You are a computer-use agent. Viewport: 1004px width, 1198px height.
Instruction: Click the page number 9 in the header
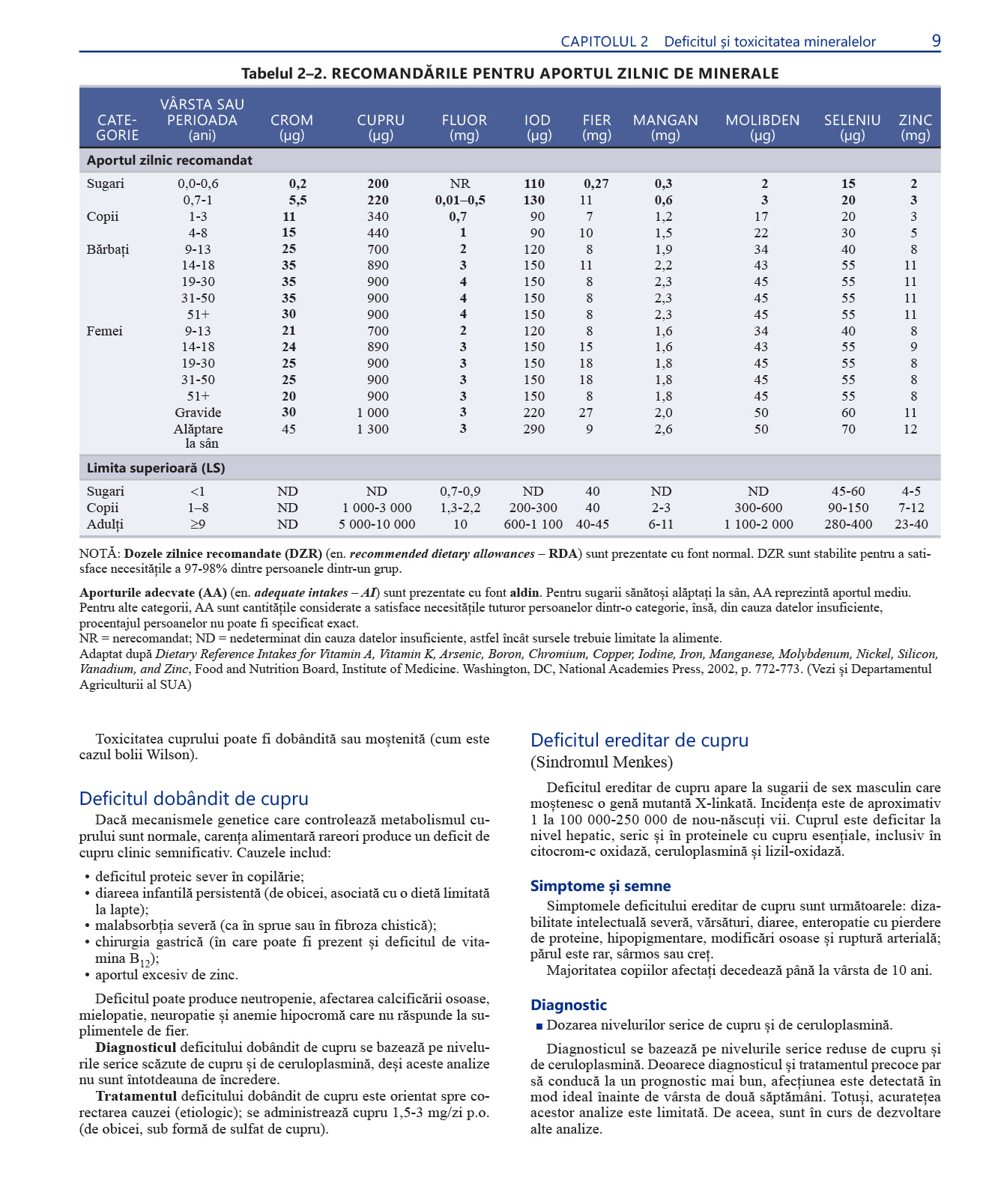tap(936, 41)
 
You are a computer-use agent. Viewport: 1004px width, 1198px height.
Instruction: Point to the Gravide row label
tap(198, 413)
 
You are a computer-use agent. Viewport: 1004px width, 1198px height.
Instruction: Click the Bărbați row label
tap(108, 249)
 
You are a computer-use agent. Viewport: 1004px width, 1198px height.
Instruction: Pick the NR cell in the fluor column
tap(460, 184)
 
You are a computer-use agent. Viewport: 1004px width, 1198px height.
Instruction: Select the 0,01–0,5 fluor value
tap(460, 201)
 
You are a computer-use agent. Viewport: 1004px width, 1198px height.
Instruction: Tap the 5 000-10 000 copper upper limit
tap(376, 524)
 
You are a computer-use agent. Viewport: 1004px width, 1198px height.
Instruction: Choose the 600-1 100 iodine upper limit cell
tap(533, 524)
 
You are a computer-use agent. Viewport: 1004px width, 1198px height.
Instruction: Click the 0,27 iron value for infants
tap(596, 184)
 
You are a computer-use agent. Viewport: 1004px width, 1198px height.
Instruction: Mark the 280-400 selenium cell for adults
tap(848, 524)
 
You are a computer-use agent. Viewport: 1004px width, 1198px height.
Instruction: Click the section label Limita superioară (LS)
tap(156, 468)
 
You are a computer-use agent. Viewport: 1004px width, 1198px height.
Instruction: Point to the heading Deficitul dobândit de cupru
tap(193, 799)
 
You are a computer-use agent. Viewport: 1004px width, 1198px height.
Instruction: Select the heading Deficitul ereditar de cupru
tap(639, 741)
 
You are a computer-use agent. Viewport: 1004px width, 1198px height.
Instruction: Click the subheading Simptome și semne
tap(600, 886)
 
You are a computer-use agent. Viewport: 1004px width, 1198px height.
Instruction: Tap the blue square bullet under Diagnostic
tap(538, 1027)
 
